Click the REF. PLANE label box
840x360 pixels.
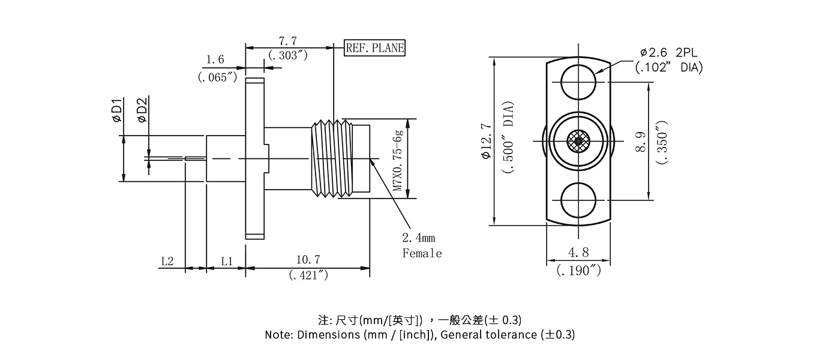pyautogui.click(x=375, y=48)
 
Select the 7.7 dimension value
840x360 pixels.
pyautogui.click(x=288, y=41)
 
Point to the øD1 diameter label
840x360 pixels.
pyautogui.click(x=117, y=110)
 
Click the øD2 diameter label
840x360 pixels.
pyautogui.click(x=142, y=110)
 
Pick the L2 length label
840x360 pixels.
pyautogui.click(x=167, y=261)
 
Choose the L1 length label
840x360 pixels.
pyautogui.click(x=226, y=261)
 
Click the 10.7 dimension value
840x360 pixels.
pyautogui.click(x=308, y=260)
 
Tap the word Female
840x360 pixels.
pyautogui.click(x=422, y=253)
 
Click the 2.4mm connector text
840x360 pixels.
pyautogui.click(x=418, y=238)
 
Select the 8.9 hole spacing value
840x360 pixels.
pyautogui.click(x=641, y=142)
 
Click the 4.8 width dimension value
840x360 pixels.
pyautogui.click(x=578, y=253)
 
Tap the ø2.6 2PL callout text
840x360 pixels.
pyautogui.click(x=666, y=52)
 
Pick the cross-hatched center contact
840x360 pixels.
pyautogui.click(x=578, y=142)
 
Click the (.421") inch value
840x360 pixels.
pyautogui.click(x=308, y=275)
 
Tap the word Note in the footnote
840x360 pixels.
pyautogui.click(x=278, y=334)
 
